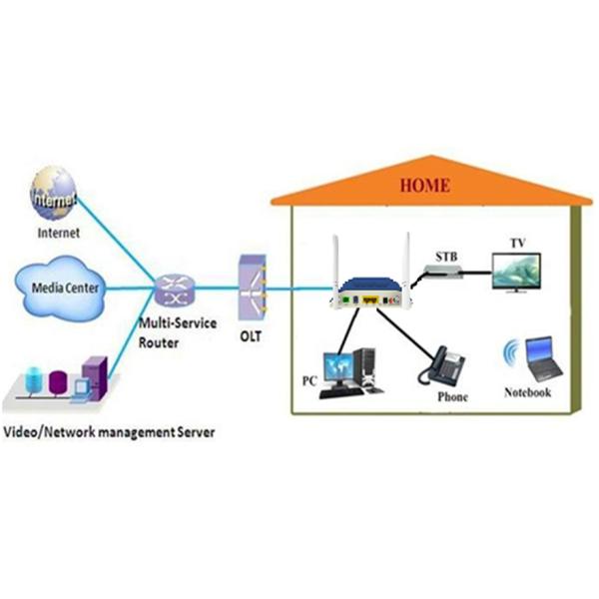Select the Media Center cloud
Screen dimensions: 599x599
click(59, 290)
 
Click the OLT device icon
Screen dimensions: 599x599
click(252, 289)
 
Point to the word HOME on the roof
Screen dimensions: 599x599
click(424, 186)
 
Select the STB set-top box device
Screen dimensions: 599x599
click(443, 262)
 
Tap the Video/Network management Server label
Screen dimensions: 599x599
click(110, 431)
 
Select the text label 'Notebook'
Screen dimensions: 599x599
click(527, 392)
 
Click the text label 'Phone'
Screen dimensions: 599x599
click(452, 397)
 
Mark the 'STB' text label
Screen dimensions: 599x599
click(442, 241)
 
